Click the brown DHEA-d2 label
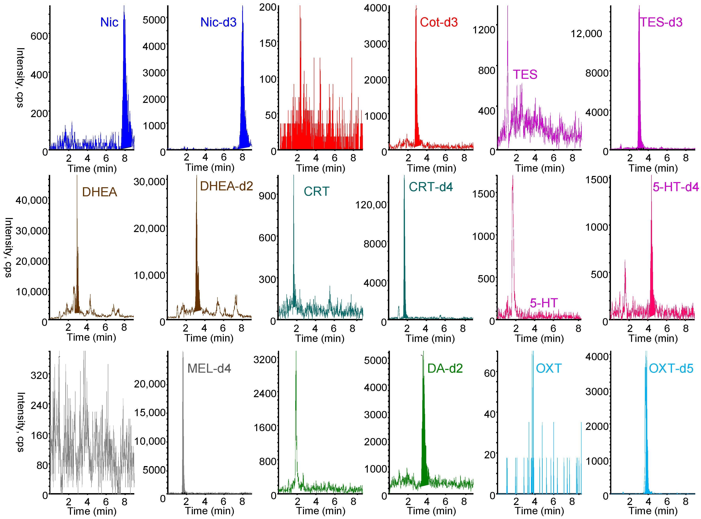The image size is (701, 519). (226, 186)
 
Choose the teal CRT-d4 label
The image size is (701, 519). (430, 187)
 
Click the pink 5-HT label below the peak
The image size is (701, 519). (544, 303)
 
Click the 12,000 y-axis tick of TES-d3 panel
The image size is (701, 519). (586, 34)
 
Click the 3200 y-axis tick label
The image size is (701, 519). (265, 359)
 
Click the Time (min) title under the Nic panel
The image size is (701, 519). (92, 169)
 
